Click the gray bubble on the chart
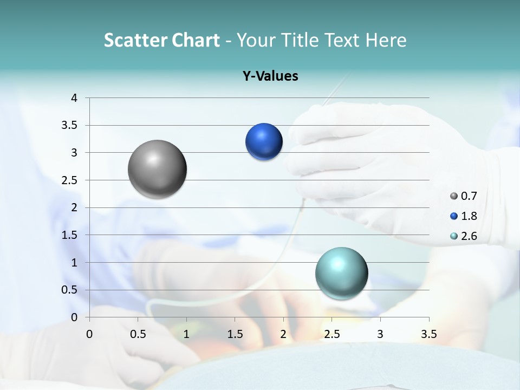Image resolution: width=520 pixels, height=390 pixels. (158, 169)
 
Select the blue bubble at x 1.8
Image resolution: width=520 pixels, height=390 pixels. (264, 142)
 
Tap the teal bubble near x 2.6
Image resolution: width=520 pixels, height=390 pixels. (341, 273)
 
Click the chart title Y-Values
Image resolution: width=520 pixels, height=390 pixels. (270, 76)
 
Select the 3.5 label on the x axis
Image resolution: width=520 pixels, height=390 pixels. (429, 334)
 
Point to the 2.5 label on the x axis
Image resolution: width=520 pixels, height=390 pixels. (331, 334)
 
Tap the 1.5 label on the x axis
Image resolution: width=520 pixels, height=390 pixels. (235, 334)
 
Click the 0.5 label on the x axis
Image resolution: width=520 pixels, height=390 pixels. (138, 334)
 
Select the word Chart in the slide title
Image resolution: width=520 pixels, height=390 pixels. (196, 40)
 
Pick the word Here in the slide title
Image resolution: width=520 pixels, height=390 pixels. (386, 40)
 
